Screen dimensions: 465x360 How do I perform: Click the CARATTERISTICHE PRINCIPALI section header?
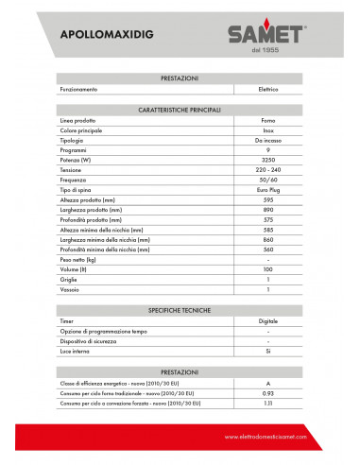pos(180,111)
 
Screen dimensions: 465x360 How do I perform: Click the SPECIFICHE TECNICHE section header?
pos(180,310)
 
